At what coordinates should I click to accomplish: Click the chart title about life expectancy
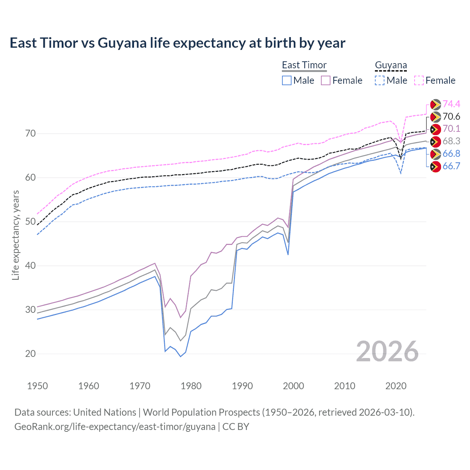pyautogui.click(x=177, y=43)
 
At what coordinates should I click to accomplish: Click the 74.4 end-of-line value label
pyautogui.click(x=451, y=104)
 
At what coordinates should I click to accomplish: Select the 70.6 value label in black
pyautogui.click(x=451, y=117)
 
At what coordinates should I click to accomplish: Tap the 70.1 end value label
pyautogui.click(x=451, y=129)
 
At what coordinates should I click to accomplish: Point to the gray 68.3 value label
pyautogui.click(x=451, y=141)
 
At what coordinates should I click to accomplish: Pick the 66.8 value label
pyautogui.click(x=451, y=154)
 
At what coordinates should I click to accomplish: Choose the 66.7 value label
pyautogui.click(x=451, y=166)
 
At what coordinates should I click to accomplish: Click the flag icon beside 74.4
pyautogui.click(x=435, y=105)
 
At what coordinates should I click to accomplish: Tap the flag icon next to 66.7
pyautogui.click(x=435, y=167)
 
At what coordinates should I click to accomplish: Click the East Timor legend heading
pyautogui.click(x=304, y=65)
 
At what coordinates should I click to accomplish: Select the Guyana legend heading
pyautogui.click(x=391, y=65)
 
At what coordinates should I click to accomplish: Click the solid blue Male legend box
pyautogui.click(x=287, y=80)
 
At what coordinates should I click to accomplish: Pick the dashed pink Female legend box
pyautogui.click(x=419, y=80)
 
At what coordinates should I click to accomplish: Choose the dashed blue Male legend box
pyautogui.click(x=380, y=80)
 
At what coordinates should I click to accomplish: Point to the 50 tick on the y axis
pyautogui.click(x=30, y=222)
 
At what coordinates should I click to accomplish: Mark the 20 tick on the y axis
pyautogui.click(x=30, y=354)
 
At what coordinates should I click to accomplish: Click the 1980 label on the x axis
pyautogui.click(x=191, y=386)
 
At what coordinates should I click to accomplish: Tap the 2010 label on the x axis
pyautogui.click(x=344, y=386)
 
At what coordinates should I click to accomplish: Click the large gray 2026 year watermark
pyautogui.click(x=387, y=351)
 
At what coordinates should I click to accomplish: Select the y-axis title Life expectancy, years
pyautogui.click(x=15, y=235)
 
